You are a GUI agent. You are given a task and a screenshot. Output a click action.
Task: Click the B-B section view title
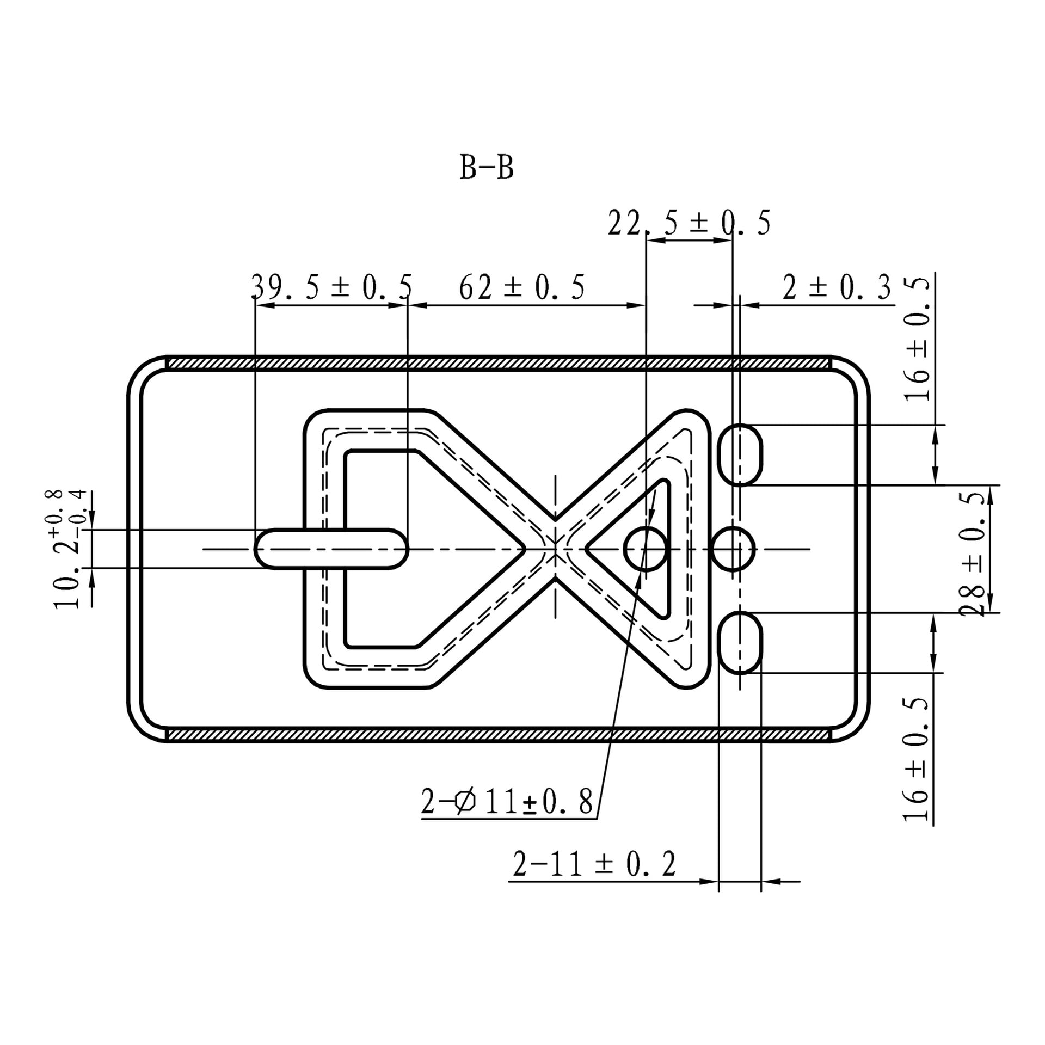(487, 168)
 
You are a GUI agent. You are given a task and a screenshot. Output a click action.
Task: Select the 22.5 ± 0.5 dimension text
(689, 223)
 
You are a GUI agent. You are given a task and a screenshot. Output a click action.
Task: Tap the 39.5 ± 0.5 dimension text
(331, 287)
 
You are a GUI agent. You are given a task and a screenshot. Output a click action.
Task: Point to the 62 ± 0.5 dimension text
(522, 287)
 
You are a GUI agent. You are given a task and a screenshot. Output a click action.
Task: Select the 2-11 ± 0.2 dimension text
(594, 864)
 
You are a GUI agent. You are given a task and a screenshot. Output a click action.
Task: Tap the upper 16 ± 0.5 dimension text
(917, 340)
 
